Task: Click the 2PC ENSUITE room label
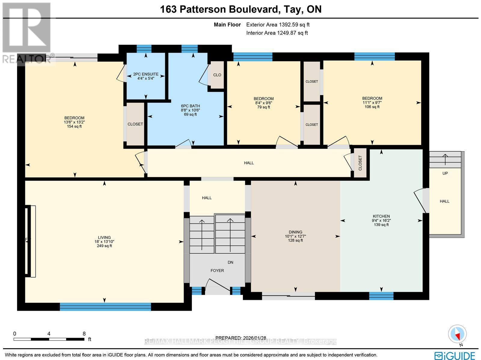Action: coord(146,74)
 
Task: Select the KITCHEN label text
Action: coord(381,216)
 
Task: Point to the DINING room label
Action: coord(295,232)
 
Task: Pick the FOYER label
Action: coord(217,270)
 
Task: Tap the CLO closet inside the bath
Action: coord(217,75)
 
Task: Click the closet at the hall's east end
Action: coord(360,163)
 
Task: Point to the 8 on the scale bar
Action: coord(84,334)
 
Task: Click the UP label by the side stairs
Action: coord(445,173)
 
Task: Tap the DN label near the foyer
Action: coord(230,262)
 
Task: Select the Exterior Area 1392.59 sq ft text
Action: coord(278,25)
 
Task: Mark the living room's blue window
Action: coord(105,307)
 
